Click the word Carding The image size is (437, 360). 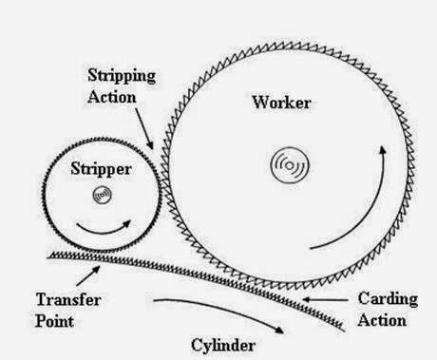(385, 299)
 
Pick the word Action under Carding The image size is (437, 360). (383, 320)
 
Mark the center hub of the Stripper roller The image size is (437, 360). (100, 196)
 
